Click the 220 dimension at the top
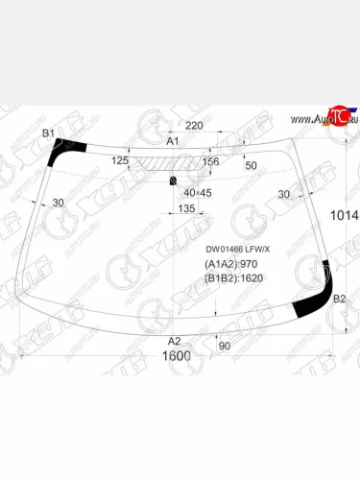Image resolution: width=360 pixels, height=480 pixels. [x=195, y=126]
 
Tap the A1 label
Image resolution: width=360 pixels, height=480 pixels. [x=174, y=142]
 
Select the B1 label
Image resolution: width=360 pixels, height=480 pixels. [x=49, y=132]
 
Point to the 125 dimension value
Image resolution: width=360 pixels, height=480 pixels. [x=121, y=161]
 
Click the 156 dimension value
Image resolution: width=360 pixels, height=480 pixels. [x=210, y=162]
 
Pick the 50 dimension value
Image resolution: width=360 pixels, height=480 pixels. [x=252, y=166]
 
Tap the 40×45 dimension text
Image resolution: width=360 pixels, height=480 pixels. [x=197, y=192]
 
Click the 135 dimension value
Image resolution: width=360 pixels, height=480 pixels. [x=187, y=208]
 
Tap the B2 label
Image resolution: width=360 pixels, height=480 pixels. [x=339, y=300]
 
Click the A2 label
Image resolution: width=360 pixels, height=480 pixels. [x=175, y=341]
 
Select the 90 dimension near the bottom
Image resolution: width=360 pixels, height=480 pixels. [x=225, y=346]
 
